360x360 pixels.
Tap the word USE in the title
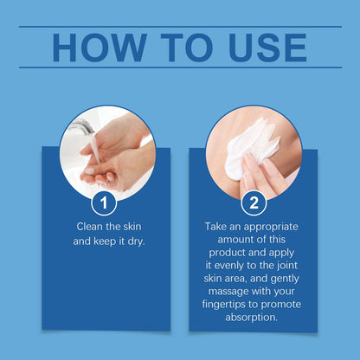click(x=267, y=48)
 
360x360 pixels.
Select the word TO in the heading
click(x=187, y=48)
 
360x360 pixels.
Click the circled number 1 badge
click(x=104, y=202)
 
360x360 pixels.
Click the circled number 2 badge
click(x=254, y=202)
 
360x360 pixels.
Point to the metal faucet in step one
click(x=81, y=126)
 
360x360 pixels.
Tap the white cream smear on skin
click(x=250, y=147)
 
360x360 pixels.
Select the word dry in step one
click(x=136, y=241)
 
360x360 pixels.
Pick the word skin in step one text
click(x=132, y=227)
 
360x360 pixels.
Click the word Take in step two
click(x=216, y=227)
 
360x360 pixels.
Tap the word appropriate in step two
click(x=271, y=227)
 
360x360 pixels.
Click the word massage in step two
click(x=228, y=292)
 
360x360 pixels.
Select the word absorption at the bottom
click(x=252, y=318)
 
